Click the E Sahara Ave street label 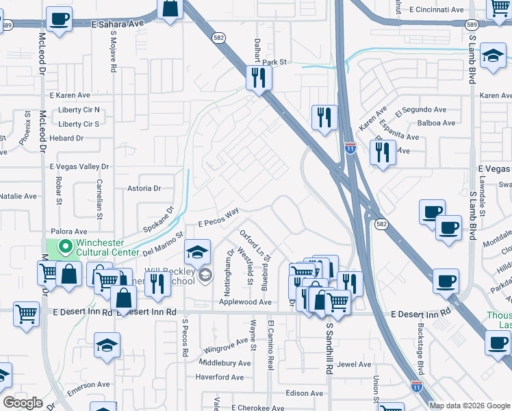[x=118, y=23]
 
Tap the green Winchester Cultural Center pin [x=66, y=246]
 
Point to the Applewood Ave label [x=246, y=302]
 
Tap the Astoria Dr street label [x=144, y=188]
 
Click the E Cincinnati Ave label [x=436, y=10]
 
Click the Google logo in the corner [x=23, y=402]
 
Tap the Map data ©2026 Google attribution [x=470, y=406]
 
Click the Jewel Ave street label [x=353, y=364]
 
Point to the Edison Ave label [x=304, y=393]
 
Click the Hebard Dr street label [x=66, y=138]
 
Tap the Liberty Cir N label [x=79, y=110]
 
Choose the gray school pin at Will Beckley [x=205, y=275]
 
